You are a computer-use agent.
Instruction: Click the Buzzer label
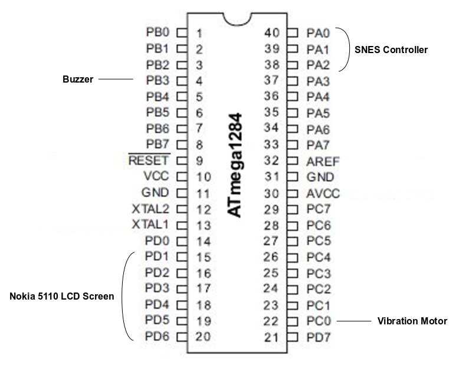click(x=78, y=79)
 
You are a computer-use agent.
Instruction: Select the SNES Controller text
click(x=391, y=50)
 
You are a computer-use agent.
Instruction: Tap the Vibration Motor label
click(x=412, y=321)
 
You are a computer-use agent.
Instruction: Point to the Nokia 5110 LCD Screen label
click(x=61, y=296)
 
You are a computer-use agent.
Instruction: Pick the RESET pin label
click(x=149, y=160)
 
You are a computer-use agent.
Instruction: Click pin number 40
click(x=271, y=32)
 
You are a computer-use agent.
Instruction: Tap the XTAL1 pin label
click(x=150, y=224)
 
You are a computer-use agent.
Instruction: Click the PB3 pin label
click(x=158, y=80)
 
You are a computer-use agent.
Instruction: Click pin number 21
click(x=271, y=337)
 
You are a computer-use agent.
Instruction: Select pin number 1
click(x=200, y=33)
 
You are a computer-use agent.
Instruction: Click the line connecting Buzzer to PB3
click(x=116, y=79)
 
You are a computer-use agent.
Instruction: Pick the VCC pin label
click(x=156, y=176)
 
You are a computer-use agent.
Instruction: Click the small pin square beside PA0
click(x=292, y=32)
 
